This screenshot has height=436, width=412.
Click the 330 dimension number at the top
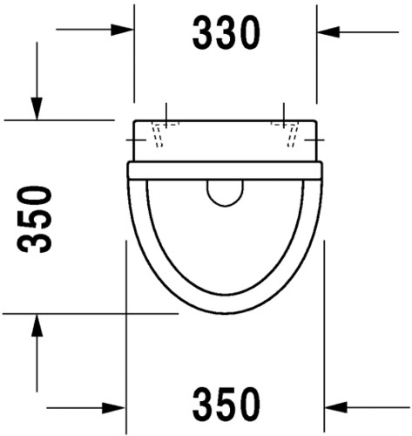(226, 32)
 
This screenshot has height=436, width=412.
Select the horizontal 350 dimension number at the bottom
(226, 404)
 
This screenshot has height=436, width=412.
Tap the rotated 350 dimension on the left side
(35, 220)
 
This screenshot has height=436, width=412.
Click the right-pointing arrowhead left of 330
(122, 30)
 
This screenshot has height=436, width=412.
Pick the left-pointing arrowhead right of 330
(328, 31)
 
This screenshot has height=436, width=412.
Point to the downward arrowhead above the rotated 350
(37, 108)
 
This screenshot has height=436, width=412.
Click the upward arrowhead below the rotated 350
(37, 325)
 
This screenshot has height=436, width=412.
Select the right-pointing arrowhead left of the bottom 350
(114, 408)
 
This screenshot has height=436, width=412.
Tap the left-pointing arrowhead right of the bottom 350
(336, 407)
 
